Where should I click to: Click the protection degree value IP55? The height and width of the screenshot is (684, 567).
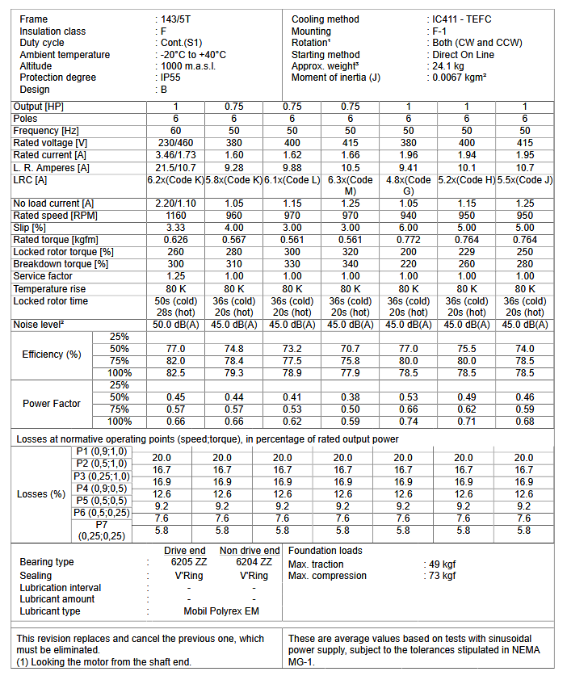[x=170, y=78]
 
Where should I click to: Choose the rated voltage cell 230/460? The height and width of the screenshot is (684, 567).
[x=175, y=142]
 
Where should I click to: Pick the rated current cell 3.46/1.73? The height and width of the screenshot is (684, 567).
[x=175, y=154]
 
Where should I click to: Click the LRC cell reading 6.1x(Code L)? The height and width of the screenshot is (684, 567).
[x=292, y=179]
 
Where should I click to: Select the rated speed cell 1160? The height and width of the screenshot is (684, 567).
[x=175, y=216]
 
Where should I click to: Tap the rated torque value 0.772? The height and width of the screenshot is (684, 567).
[x=409, y=240]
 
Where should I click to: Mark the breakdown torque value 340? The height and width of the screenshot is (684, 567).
[x=351, y=264]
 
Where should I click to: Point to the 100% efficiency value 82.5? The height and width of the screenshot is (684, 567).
[x=175, y=373]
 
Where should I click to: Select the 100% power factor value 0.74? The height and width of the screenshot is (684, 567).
[x=409, y=422]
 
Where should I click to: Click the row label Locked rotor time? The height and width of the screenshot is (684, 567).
[x=51, y=301]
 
